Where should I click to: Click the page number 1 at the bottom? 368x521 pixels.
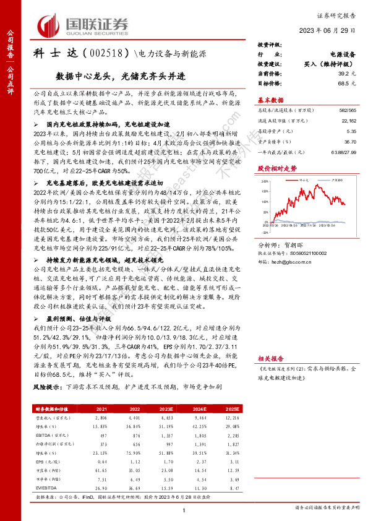tap(184, 509)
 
